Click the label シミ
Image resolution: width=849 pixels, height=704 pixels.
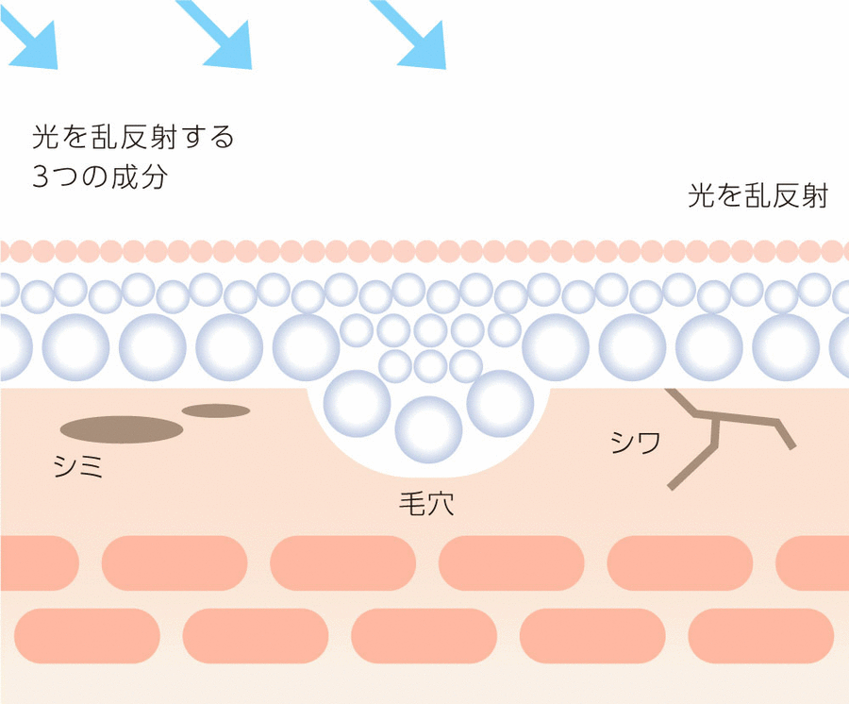(x=78, y=465)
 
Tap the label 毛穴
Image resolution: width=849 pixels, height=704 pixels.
(x=426, y=503)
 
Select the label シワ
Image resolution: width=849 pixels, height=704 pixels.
(x=635, y=442)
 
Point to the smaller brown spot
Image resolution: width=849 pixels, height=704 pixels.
(x=215, y=411)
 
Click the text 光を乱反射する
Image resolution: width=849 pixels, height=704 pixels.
(x=133, y=138)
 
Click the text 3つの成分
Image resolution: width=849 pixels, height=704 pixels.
(x=99, y=176)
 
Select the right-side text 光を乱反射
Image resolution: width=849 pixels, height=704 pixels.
(x=758, y=196)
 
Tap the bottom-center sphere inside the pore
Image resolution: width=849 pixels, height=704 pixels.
(x=429, y=429)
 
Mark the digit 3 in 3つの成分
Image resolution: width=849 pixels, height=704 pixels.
(x=40, y=177)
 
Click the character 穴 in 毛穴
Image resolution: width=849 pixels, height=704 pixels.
(x=441, y=503)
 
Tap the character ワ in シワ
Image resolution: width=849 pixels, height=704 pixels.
(x=648, y=442)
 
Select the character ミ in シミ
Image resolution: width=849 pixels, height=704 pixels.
(x=92, y=465)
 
